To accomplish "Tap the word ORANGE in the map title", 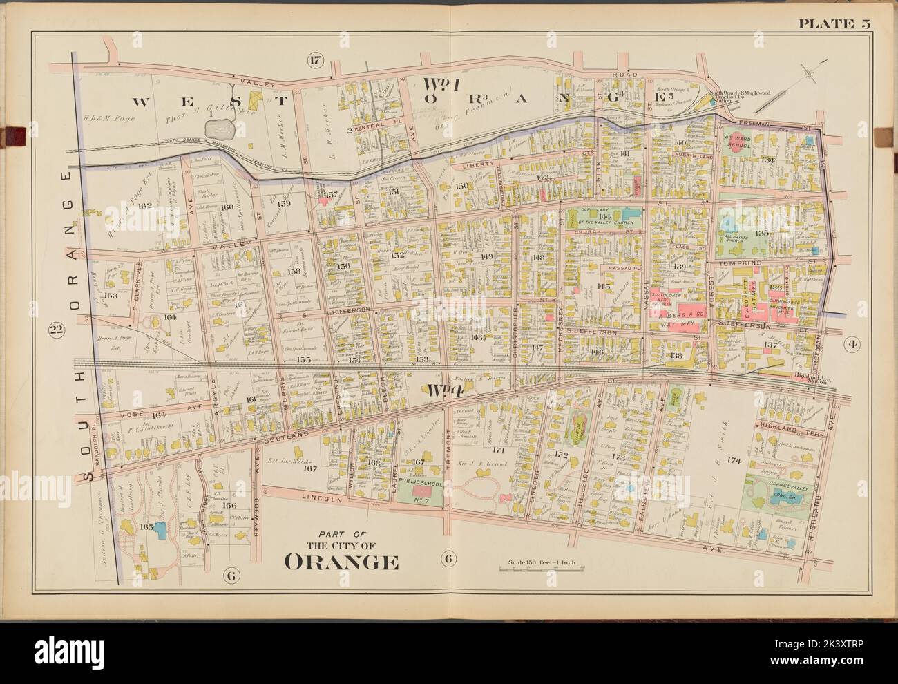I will point(341,562).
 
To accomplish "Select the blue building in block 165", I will point(160,529).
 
